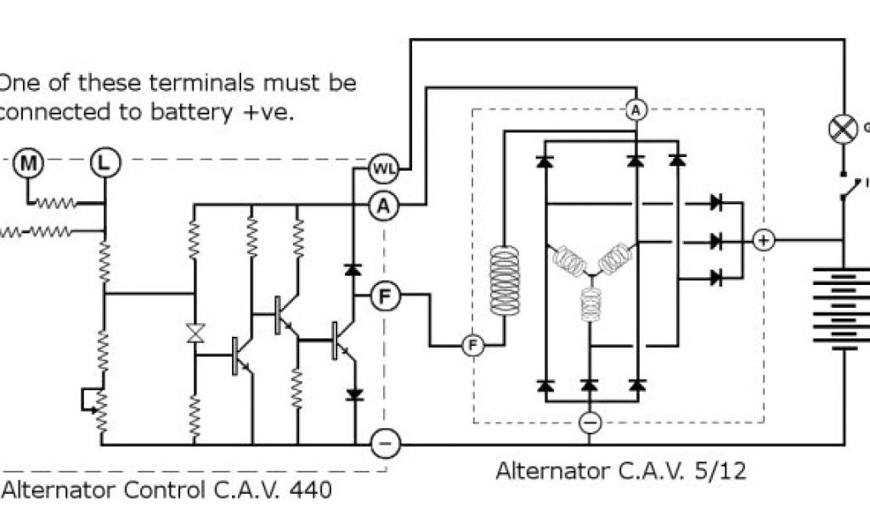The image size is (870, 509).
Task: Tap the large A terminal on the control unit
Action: pyautogui.click(x=385, y=204)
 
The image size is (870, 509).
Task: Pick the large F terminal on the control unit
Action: pyautogui.click(x=385, y=296)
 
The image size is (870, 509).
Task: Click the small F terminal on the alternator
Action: pyautogui.click(x=472, y=345)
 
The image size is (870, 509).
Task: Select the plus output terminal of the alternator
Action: pyautogui.click(x=764, y=241)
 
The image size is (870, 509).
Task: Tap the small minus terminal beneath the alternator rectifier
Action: pyautogui.click(x=589, y=422)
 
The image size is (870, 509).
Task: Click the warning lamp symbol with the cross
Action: pyautogui.click(x=842, y=129)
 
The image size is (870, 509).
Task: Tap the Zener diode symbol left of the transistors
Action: pyautogui.click(x=195, y=333)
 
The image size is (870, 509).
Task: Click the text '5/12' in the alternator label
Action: pyautogui.click(x=723, y=471)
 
